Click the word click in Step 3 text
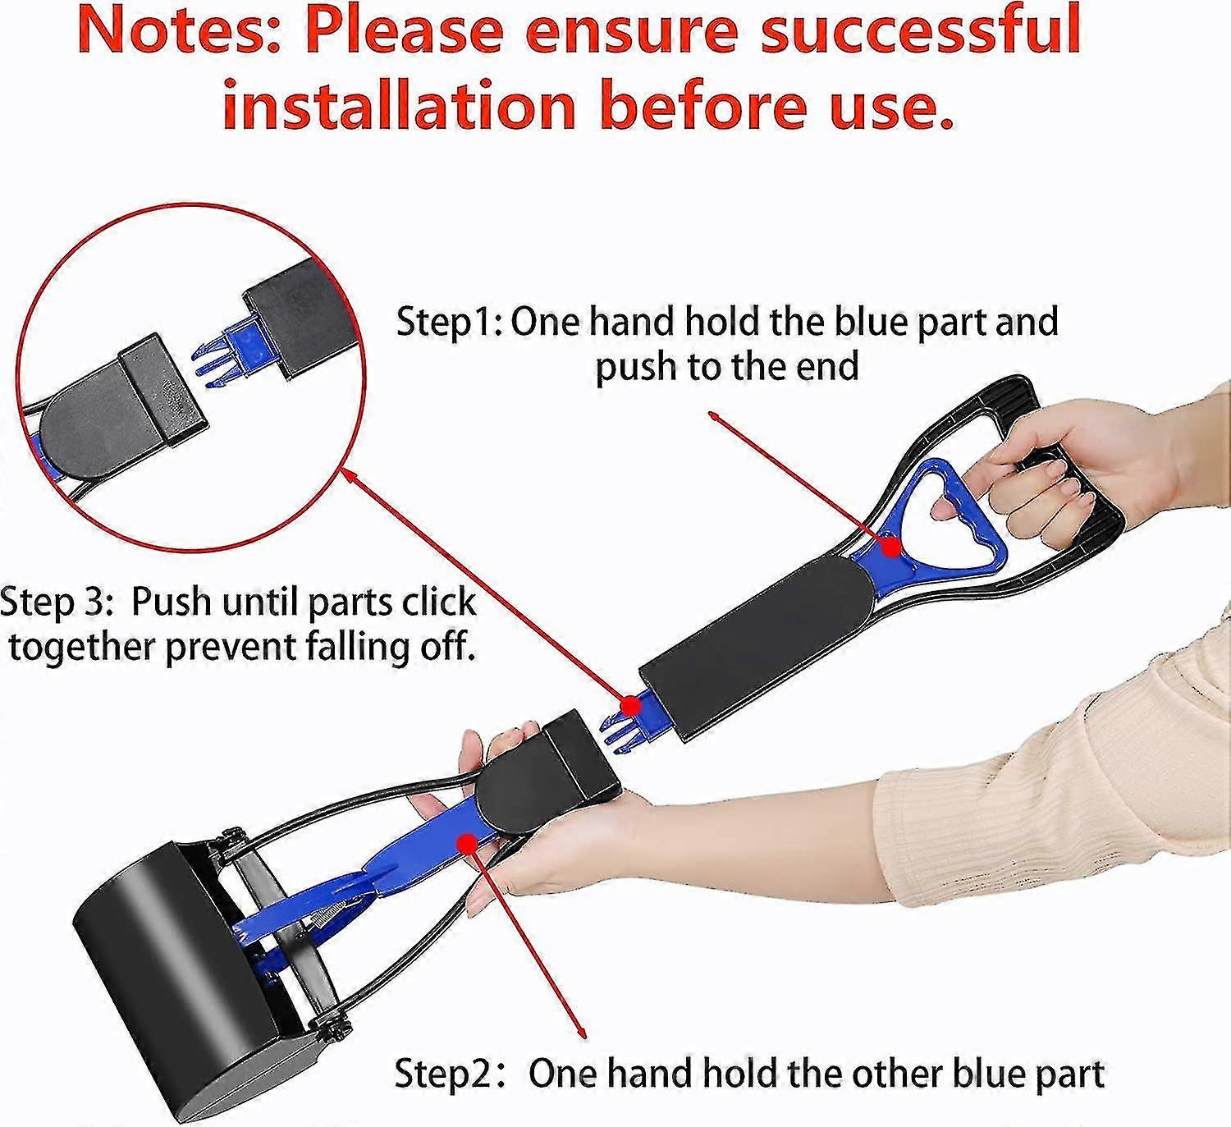click(438, 602)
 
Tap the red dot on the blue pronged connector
click(629, 705)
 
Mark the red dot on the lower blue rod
click(469, 842)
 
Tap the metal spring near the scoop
click(328, 919)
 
